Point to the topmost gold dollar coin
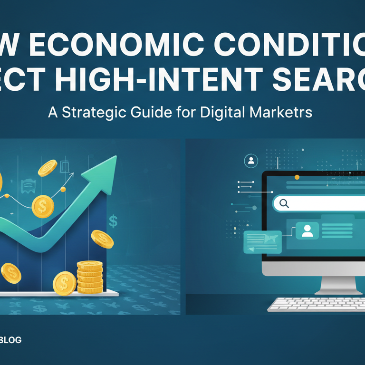[48, 168]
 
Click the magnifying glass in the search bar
[284, 204]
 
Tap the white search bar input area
[328, 204]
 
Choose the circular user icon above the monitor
[250, 161]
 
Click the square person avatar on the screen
[307, 231]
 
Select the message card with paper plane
[262, 241]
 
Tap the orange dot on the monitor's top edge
[297, 177]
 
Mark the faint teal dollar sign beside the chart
[113, 221]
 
